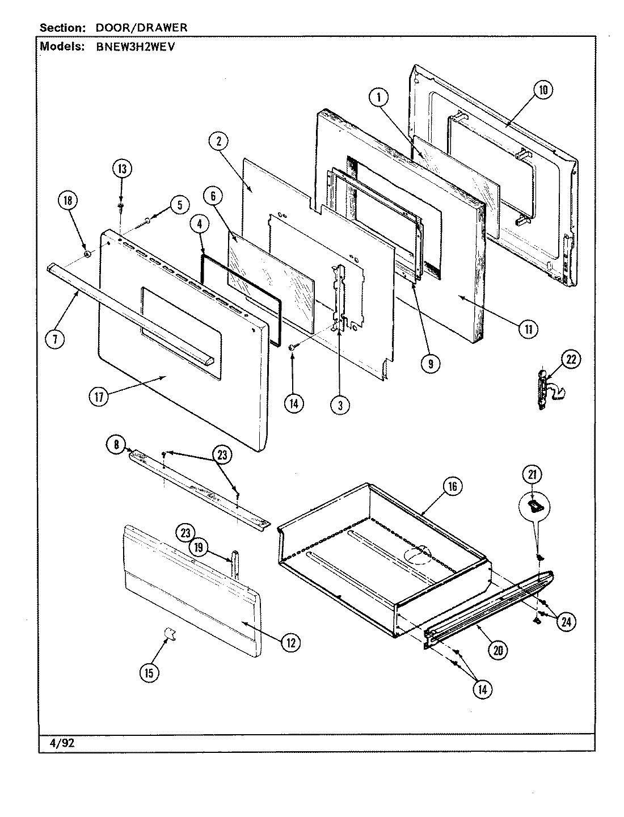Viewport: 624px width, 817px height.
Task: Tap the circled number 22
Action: click(571, 359)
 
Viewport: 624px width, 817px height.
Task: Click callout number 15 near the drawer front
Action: click(149, 673)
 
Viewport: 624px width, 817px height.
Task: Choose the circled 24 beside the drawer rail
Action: click(565, 621)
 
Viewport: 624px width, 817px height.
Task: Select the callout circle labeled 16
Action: click(452, 486)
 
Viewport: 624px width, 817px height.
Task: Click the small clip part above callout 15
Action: click(168, 633)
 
